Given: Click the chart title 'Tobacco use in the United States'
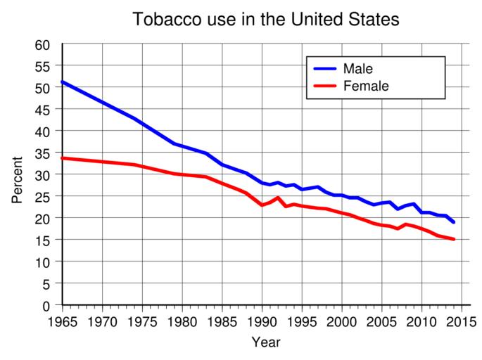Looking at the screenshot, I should pos(266,20).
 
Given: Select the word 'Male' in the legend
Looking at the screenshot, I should pos(357,69).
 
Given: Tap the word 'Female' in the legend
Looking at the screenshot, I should pos(366,86).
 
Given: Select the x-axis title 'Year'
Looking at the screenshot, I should pos(266,343).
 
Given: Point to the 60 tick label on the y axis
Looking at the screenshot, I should pos(43,45).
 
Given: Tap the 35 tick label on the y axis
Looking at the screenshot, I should pos(43,153).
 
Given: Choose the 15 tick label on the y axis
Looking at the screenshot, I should pos(43,240).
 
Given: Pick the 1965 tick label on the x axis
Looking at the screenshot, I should pos(63,322).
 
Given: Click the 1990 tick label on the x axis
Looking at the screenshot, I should pos(262,322).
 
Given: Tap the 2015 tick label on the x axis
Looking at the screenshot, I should pos(462,322).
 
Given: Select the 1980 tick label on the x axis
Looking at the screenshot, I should pos(182,322).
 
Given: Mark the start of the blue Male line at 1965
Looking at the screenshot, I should pos(63,82).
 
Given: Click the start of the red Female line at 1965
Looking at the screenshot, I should pos(63,158).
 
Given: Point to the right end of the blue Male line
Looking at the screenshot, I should pos(454,222).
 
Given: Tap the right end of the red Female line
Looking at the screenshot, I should pos(454,239).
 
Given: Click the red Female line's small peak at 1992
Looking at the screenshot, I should pos(278,198).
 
